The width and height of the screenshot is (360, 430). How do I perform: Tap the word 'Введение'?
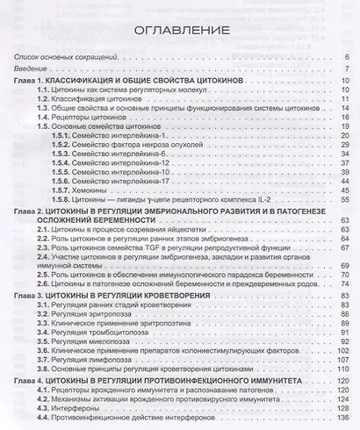click(x=29, y=69)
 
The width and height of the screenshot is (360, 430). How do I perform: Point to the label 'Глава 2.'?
click(x=30, y=212)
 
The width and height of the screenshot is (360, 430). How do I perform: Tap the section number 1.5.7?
click(x=64, y=190)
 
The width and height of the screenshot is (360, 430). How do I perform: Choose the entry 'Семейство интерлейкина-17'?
click(x=124, y=179)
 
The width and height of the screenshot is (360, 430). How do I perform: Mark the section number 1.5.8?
click(x=64, y=201)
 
